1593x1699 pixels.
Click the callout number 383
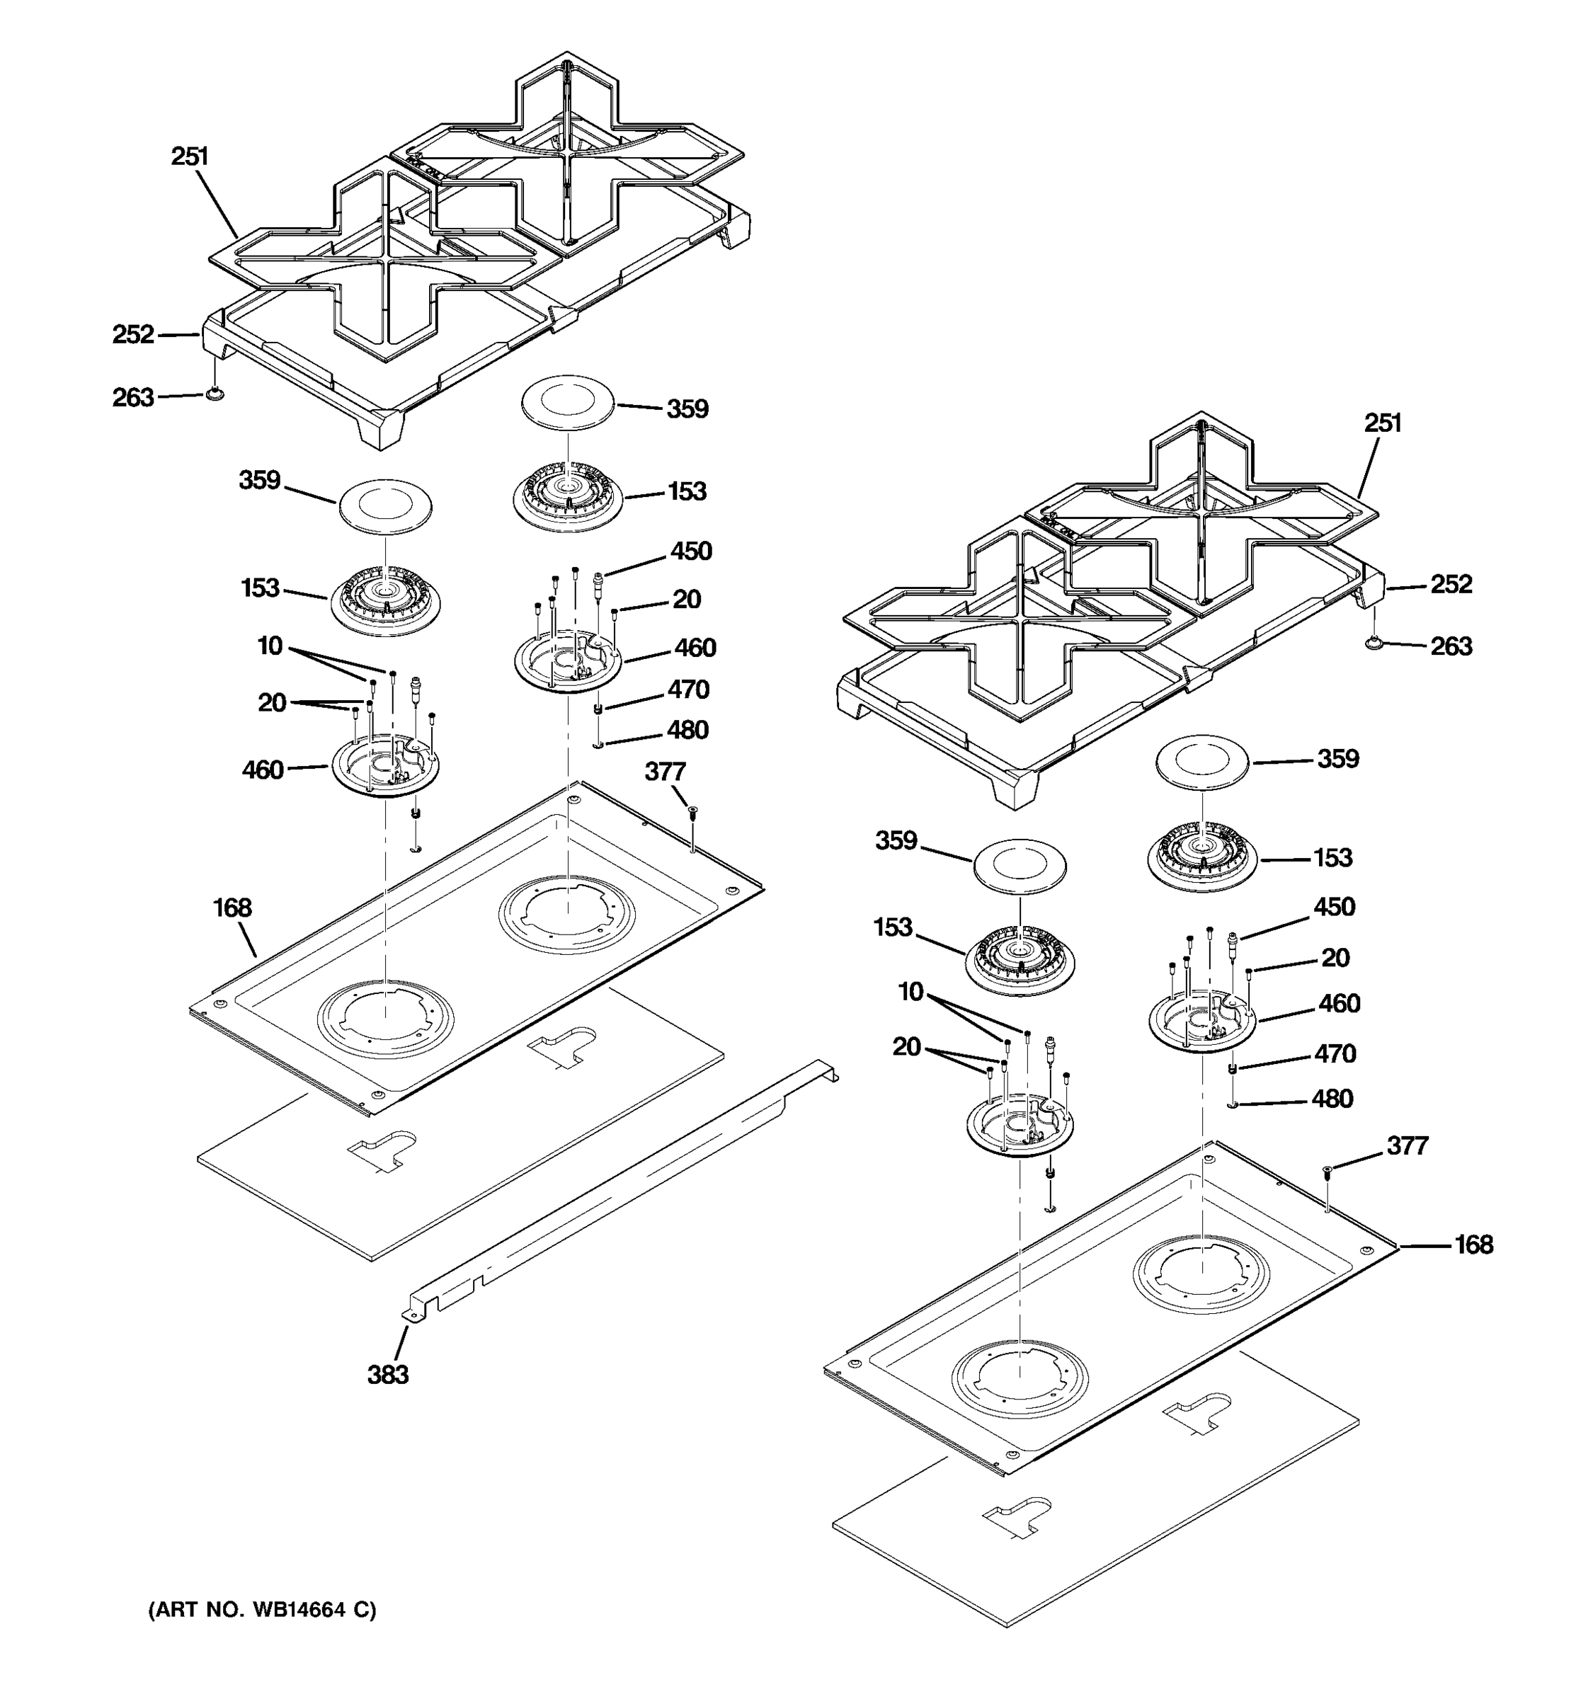click(x=388, y=1374)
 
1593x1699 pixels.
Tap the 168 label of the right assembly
click(x=1473, y=1245)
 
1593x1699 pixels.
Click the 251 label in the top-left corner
click(x=190, y=156)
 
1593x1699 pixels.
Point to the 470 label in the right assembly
click(x=1335, y=1054)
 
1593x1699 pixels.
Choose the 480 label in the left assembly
click(x=688, y=730)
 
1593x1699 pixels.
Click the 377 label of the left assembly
click(x=665, y=772)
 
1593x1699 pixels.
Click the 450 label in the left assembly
click(x=690, y=551)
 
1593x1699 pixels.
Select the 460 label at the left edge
click(x=263, y=770)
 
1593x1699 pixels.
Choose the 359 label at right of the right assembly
click(x=1337, y=758)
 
